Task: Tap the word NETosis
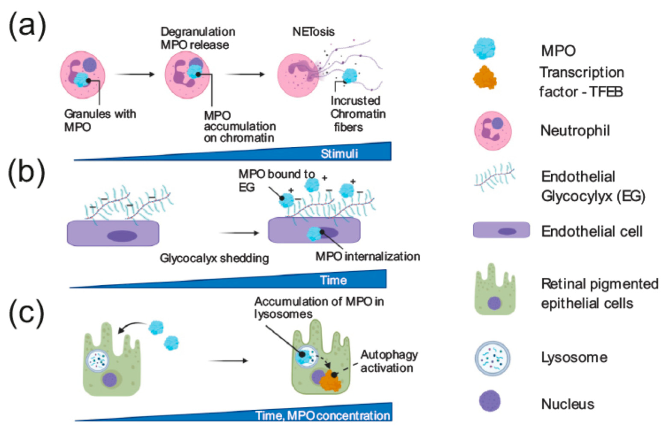pyautogui.click(x=313, y=32)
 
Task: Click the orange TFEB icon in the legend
pyautogui.click(x=485, y=77)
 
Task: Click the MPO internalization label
pyautogui.click(x=368, y=256)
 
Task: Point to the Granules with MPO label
pyautogui.click(x=100, y=120)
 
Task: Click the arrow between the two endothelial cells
pyautogui.click(x=240, y=233)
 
